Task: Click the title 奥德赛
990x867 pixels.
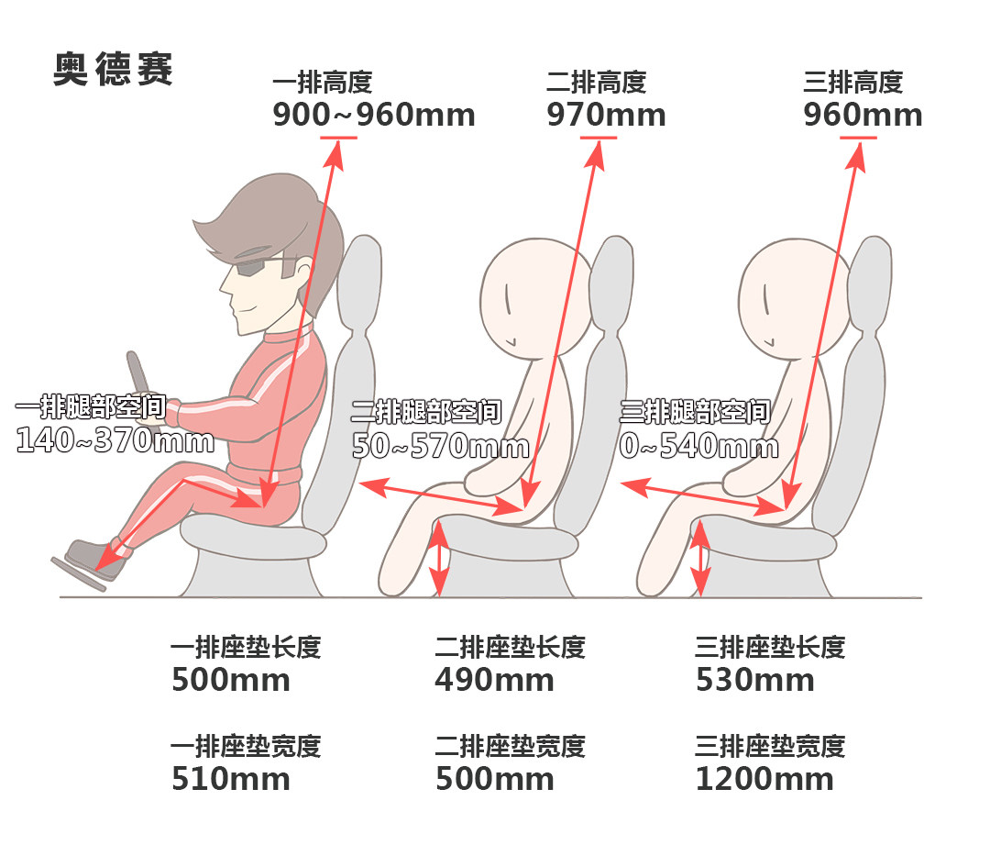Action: (x=113, y=69)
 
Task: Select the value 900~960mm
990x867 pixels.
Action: (x=374, y=115)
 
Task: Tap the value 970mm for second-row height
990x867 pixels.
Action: (x=606, y=115)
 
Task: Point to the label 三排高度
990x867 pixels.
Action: (x=853, y=83)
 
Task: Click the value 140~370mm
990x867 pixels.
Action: (x=115, y=439)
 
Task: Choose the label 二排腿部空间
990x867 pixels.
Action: (x=426, y=411)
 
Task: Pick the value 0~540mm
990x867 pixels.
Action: (x=698, y=446)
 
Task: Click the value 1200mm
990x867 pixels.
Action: (x=764, y=779)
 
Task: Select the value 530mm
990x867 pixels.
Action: (x=755, y=680)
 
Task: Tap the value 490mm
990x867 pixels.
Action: (x=494, y=680)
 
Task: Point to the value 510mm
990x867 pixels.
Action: (x=231, y=779)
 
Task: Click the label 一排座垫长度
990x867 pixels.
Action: (x=246, y=647)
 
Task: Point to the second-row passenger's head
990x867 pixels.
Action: (x=536, y=298)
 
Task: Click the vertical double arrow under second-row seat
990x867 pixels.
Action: (x=439, y=558)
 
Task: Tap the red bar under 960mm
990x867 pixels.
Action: (x=858, y=137)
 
